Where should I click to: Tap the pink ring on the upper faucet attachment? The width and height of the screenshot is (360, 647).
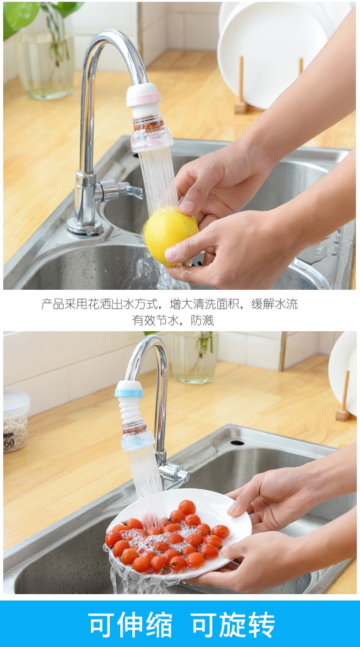click(x=144, y=99)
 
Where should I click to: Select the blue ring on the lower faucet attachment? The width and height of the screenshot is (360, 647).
click(x=129, y=393)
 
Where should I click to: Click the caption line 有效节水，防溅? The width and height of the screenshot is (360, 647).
click(x=173, y=320)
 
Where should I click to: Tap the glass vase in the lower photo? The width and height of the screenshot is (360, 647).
click(x=195, y=358)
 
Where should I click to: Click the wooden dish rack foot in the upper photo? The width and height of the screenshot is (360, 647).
click(x=241, y=107)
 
